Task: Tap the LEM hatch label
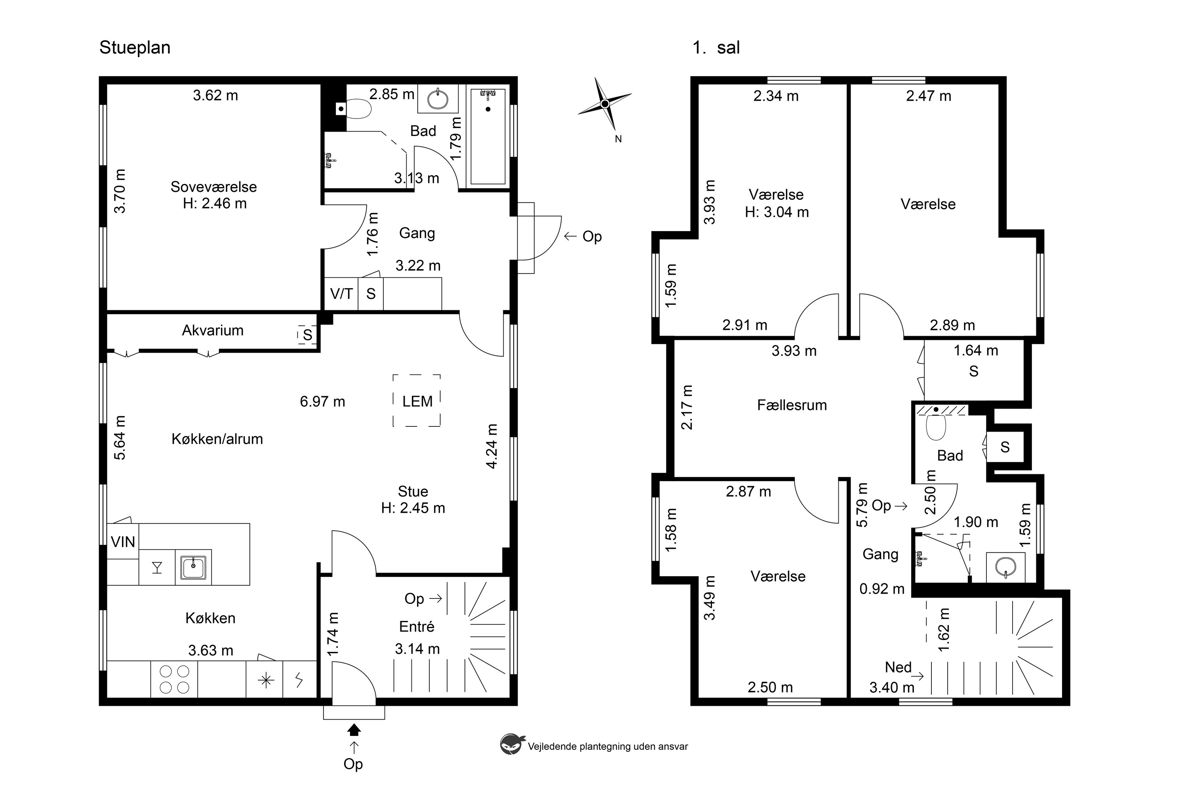pyautogui.click(x=417, y=401)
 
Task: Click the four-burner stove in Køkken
pyautogui.click(x=174, y=680)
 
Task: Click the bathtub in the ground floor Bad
pyautogui.click(x=488, y=136)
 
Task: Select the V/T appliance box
pyautogui.click(x=341, y=293)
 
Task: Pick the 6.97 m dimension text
pyautogui.click(x=322, y=401)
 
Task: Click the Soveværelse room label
pyautogui.click(x=214, y=187)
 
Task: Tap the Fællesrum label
pyautogui.click(x=792, y=405)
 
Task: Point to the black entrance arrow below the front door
pyautogui.click(x=354, y=729)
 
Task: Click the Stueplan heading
pyautogui.click(x=135, y=48)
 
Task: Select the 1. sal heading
pyautogui.click(x=716, y=48)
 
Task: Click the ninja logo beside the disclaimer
pyautogui.click(x=510, y=745)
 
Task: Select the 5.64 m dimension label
pyautogui.click(x=120, y=438)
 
